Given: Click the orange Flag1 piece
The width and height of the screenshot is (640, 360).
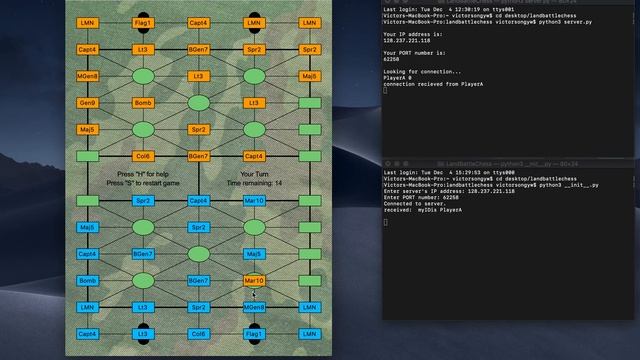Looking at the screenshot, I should point(143,22).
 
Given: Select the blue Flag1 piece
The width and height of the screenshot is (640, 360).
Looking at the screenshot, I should point(254,334).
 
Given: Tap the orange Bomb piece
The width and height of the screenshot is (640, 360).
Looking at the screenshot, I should point(143,103).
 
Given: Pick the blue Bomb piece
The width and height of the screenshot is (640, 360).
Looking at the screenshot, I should point(88,281).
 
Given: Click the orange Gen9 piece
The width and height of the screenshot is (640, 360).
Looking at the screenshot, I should point(88,103).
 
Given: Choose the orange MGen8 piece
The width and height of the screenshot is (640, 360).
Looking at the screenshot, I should point(88,76).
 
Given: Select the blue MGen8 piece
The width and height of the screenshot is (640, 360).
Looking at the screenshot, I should point(254,308).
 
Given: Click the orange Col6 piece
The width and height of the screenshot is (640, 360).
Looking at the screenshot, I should point(143,156).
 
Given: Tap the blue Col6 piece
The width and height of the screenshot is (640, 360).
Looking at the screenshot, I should point(198,334).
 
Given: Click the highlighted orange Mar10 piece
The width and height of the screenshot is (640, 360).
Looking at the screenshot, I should point(254,281).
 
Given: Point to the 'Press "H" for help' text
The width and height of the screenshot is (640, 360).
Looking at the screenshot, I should point(144,174).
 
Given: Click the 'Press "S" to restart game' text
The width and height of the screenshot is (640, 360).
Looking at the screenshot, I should point(143,184).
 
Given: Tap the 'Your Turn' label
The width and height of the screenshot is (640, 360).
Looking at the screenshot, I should point(254,174).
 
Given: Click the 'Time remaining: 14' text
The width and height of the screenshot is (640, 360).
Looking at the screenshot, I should point(254,184).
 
